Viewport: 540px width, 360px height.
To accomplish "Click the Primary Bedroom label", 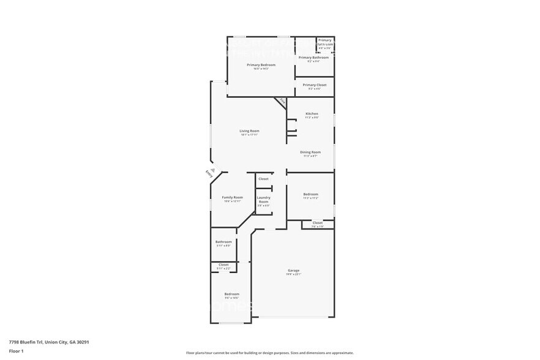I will pos(261,65).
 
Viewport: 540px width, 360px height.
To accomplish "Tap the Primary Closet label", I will pos(314,85).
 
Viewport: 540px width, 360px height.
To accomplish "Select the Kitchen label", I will pos(312,114).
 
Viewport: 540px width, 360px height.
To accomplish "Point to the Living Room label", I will pos(249,131).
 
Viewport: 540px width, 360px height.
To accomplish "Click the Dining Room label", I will pos(310,152).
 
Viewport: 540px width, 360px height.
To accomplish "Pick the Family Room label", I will pos(232,197).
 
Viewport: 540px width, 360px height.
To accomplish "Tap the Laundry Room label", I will pos(263,199).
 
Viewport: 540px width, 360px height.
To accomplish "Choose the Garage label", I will pos(294,270).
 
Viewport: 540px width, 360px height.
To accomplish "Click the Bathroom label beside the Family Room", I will pos(223,242).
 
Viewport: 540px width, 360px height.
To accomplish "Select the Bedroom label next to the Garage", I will pos(231,294).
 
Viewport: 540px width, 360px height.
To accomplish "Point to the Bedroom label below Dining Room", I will pos(310,195).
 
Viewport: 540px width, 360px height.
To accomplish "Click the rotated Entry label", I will pos(209,174).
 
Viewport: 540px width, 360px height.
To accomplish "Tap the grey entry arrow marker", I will pos(212,170).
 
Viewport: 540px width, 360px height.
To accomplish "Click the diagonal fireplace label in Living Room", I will pos(282,101).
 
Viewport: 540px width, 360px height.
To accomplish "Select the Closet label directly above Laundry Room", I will pos(263,179).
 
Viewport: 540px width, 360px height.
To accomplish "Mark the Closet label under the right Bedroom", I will pos(317,223).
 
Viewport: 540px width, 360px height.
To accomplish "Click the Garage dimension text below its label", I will pos(294,274).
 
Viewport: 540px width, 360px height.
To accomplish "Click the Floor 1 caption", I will pos(16,351).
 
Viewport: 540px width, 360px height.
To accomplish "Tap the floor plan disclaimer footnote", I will pos(269,353).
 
